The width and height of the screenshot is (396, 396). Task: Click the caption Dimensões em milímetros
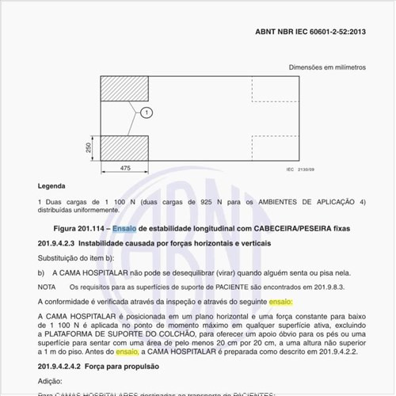click(x=326, y=67)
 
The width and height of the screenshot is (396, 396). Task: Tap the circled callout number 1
click(x=147, y=113)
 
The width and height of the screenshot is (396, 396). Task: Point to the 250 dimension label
click(x=89, y=148)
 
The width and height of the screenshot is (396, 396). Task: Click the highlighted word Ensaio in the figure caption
click(x=124, y=228)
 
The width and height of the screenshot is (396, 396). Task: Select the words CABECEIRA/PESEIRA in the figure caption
click(x=296, y=228)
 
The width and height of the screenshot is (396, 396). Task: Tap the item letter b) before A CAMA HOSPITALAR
click(x=41, y=272)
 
